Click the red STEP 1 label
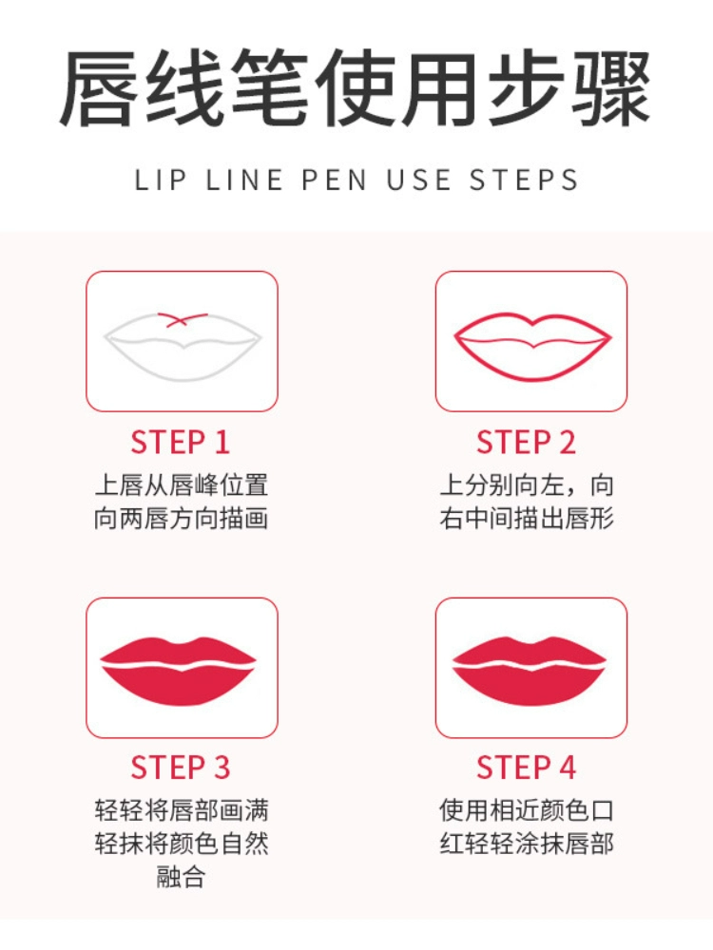click(180, 443)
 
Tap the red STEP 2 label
click(526, 443)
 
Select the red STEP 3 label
click(180, 767)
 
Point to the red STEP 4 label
click(526, 767)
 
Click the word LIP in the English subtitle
click(160, 180)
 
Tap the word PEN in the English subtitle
click(334, 180)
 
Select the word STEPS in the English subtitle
click(524, 180)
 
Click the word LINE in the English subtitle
click(244, 180)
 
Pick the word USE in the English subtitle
click(418, 180)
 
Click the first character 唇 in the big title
click(98, 88)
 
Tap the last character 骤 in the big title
click(612, 88)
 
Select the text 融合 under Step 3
click(181, 876)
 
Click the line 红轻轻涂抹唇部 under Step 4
click(527, 844)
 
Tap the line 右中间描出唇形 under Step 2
click(527, 519)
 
